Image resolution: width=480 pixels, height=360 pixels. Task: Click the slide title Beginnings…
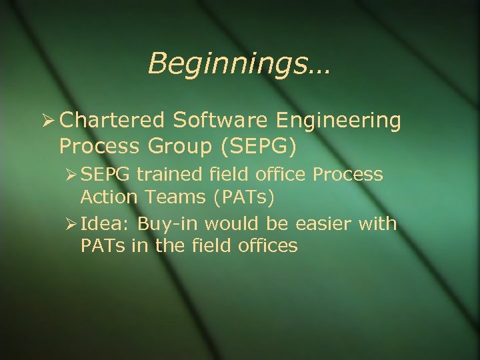[240, 64]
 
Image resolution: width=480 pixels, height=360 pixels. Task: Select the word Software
[214, 120]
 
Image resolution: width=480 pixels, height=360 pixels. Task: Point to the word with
[377, 223]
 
